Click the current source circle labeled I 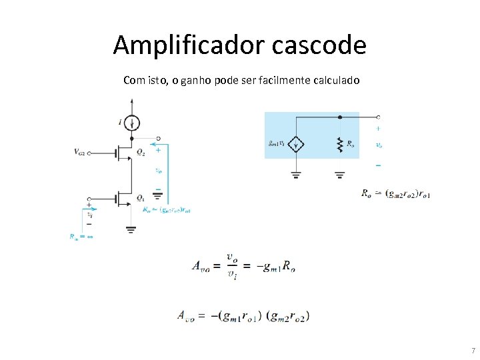pos(133,123)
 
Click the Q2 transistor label pos(141,153)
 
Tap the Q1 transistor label pos(141,198)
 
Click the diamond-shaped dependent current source pos(296,145)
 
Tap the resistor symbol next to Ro pos(340,144)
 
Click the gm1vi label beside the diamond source pos(277,143)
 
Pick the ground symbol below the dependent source pos(296,175)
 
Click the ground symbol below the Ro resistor pos(340,175)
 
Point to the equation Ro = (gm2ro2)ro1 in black pos(396,194)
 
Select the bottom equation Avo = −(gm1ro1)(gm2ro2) pos(243,315)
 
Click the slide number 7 pos(472,351)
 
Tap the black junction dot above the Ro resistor pos(340,117)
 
